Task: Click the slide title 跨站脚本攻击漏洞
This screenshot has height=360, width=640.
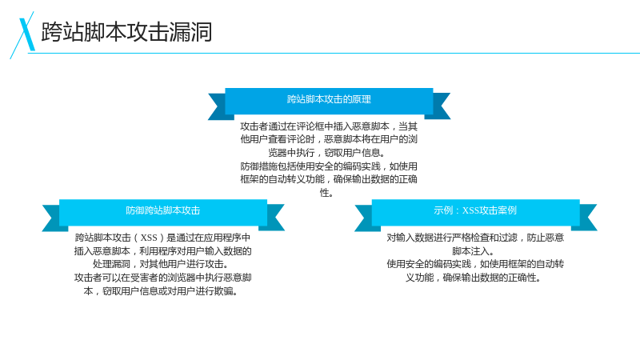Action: [x=126, y=32]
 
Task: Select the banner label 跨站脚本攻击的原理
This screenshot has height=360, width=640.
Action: [x=329, y=99]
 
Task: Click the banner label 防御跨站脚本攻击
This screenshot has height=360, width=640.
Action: [x=163, y=210]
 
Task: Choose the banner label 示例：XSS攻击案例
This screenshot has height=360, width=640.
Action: [x=475, y=210]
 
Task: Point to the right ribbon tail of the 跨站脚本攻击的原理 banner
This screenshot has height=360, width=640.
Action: [x=442, y=106]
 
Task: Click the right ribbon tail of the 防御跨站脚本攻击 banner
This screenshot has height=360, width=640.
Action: [x=275, y=218]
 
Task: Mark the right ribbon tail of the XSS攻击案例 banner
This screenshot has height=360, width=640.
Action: [x=588, y=218]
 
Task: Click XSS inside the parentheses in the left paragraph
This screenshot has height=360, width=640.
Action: [x=149, y=238]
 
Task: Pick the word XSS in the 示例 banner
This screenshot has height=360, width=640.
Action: [x=470, y=210]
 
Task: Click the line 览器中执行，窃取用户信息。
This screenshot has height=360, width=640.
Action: [x=326, y=153]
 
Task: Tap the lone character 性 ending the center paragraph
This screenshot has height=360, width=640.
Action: [x=325, y=192]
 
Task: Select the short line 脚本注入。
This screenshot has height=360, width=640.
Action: [x=473, y=251]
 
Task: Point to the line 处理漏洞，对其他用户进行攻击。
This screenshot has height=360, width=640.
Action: [x=161, y=264]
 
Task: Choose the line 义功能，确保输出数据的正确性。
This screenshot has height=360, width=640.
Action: [x=473, y=278]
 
